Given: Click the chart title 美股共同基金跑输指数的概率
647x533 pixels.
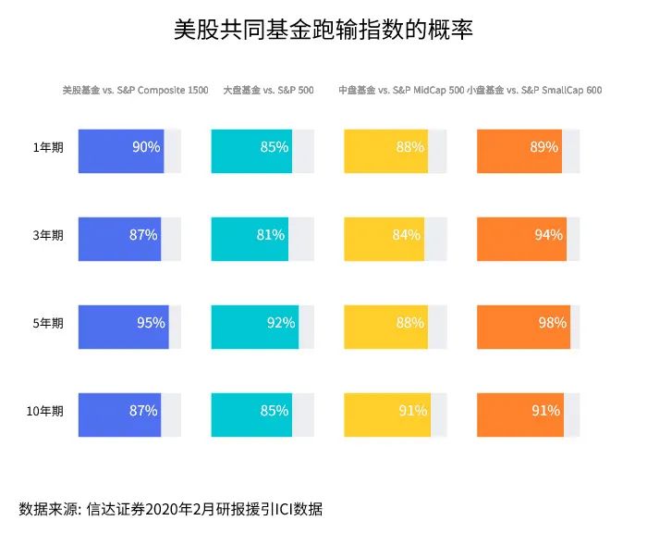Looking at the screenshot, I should (x=323, y=30).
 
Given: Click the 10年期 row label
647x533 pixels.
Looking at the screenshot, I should (x=45, y=411).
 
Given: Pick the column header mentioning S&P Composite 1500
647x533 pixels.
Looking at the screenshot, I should (x=135, y=91).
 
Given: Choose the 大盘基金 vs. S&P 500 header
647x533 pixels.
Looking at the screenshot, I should (x=268, y=91).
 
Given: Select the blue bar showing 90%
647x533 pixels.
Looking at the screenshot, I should (x=121, y=151).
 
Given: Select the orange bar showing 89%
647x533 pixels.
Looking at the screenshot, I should (x=519, y=151).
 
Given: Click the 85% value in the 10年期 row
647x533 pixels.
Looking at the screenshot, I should (x=275, y=411).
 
